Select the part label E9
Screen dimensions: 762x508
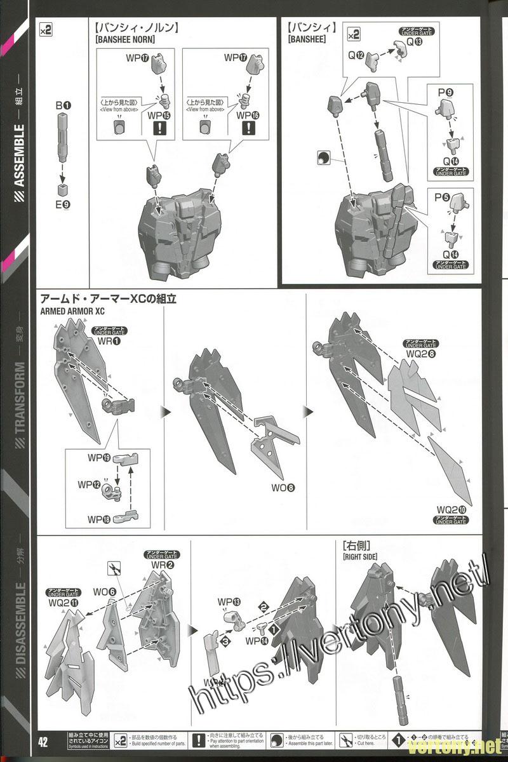(62, 204)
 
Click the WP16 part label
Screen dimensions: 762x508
(248, 116)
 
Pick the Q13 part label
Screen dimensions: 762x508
(414, 42)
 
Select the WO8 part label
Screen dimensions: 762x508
(283, 488)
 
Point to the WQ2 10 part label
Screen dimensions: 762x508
(452, 510)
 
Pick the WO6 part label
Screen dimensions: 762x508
(104, 592)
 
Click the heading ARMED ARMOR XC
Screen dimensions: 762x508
(71, 311)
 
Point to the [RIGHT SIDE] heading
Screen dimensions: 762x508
(359, 556)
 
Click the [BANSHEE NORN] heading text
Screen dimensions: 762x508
(125, 39)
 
